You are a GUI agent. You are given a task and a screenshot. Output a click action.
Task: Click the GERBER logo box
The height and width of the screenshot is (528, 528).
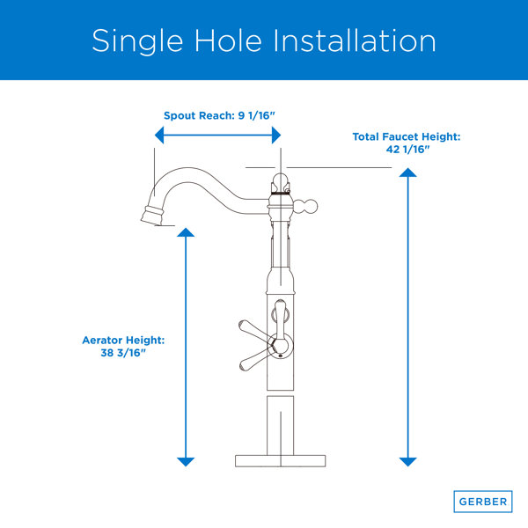pos(483,502)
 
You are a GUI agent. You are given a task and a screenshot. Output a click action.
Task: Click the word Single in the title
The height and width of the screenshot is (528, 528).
pos(137,41)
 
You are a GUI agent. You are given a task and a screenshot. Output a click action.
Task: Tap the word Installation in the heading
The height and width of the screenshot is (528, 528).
pos(355,40)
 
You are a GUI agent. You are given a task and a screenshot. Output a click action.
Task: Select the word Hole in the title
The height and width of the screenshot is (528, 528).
pos(228,40)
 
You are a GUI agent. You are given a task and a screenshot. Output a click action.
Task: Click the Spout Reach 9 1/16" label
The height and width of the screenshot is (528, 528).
pos(219,115)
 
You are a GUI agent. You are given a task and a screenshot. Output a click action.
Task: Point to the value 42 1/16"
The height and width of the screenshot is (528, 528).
pos(407,150)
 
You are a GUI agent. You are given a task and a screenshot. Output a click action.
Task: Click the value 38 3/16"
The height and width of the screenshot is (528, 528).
pos(123,353)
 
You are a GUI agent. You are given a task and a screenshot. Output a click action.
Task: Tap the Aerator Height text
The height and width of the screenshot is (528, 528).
pos(123,340)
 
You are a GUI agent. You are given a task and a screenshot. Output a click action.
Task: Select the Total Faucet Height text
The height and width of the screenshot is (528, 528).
pos(407,136)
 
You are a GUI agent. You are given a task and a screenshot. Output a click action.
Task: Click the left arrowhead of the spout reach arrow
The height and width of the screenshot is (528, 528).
pos(159,136)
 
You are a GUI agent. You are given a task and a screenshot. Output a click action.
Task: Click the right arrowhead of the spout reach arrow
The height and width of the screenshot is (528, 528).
pos(276,136)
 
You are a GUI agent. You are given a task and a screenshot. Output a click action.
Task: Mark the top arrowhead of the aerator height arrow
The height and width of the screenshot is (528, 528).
pos(186,232)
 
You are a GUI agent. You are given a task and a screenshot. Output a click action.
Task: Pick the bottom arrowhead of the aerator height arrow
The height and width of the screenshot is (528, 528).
pos(186,462)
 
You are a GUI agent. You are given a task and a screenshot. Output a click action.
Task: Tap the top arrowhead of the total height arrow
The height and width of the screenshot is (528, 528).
pos(407,172)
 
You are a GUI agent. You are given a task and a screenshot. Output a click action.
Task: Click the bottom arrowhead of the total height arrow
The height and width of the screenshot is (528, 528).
pos(407,462)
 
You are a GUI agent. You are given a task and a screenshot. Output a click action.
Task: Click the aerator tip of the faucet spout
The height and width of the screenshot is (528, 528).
pos(152,216)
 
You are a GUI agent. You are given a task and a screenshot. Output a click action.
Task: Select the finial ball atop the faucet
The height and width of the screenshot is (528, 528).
pos(281,182)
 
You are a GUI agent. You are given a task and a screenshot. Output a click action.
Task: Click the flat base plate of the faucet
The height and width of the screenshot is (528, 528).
pos(280,461)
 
